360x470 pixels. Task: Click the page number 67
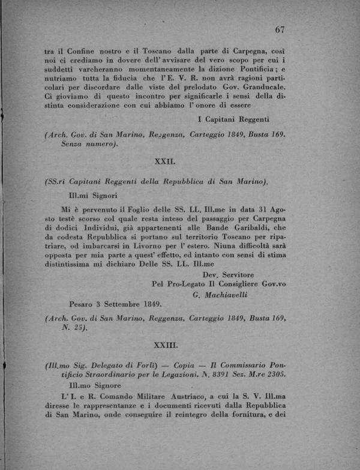coord(279,29)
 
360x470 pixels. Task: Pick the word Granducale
coord(260,85)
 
